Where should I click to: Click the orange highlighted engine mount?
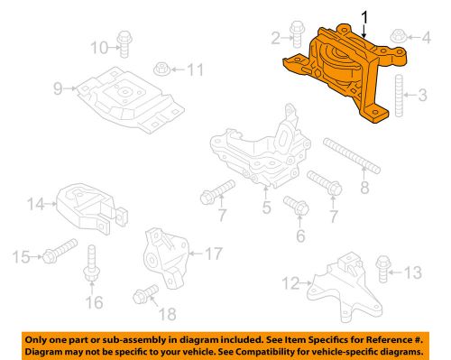coord(338,72)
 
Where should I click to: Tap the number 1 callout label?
coord(364,15)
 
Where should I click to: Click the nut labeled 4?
coord(266,208)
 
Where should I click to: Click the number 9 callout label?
coord(57,88)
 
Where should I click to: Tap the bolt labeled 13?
coord(379,270)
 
